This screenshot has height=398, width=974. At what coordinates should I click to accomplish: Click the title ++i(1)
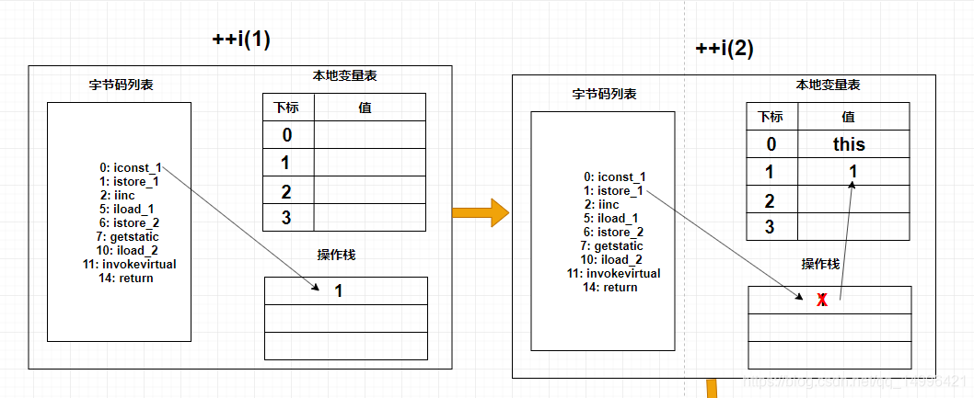click(x=241, y=40)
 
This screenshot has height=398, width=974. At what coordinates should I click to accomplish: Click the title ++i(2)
click(x=725, y=50)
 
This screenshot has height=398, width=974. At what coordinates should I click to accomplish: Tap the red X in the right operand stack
click(x=822, y=301)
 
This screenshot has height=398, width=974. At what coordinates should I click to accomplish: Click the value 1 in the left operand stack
click(x=338, y=291)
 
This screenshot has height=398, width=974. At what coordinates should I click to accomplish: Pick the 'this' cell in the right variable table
click(x=848, y=144)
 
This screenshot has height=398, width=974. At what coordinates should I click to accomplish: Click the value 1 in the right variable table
click(x=852, y=172)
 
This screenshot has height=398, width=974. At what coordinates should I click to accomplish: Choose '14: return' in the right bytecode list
click(x=610, y=287)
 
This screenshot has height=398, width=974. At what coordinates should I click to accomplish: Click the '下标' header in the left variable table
click(x=287, y=108)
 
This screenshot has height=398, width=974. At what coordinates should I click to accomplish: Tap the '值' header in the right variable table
click(x=848, y=117)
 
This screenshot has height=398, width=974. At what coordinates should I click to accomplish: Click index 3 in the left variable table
click(x=287, y=219)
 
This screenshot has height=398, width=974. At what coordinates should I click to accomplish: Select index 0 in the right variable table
click(x=771, y=144)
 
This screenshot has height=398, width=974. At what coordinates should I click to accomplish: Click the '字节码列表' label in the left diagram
click(x=121, y=85)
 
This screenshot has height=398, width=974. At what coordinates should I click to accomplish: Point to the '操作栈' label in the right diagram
click(x=820, y=264)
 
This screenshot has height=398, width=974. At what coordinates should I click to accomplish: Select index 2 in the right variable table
click(x=771, y=200)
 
